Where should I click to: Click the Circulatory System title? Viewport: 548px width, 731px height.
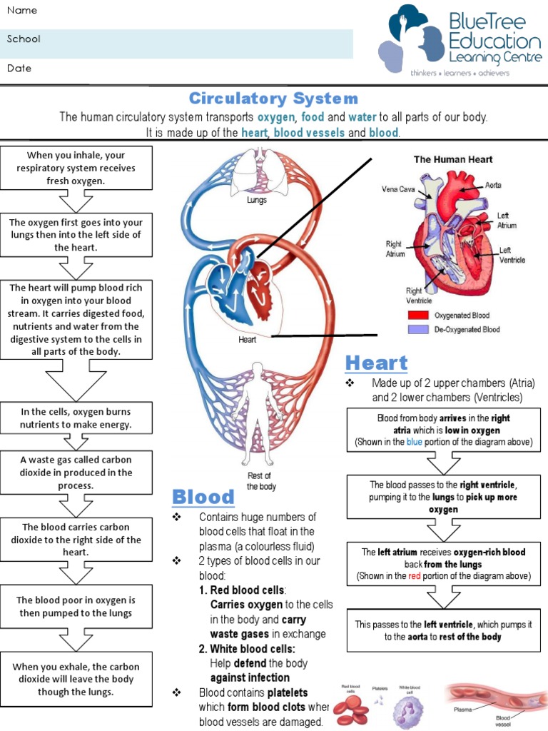[273, 99]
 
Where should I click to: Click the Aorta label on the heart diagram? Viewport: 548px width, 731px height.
[493, 185]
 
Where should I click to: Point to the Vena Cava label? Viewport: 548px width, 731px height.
[398, 190]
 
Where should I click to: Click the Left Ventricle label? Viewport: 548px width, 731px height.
[512, 255]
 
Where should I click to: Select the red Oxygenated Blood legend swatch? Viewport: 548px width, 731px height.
[417, 315]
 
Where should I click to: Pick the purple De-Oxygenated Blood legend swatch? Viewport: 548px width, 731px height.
[417, 330]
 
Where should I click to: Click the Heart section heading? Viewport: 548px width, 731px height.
[376, 363]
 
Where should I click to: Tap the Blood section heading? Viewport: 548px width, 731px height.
[203, 497]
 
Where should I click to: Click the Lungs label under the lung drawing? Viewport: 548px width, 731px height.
[257, 201]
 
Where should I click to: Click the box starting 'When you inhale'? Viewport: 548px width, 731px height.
[76, 168]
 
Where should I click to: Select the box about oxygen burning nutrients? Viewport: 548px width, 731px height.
[76, 418]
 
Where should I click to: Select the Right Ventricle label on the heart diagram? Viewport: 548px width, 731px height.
[415, 296]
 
